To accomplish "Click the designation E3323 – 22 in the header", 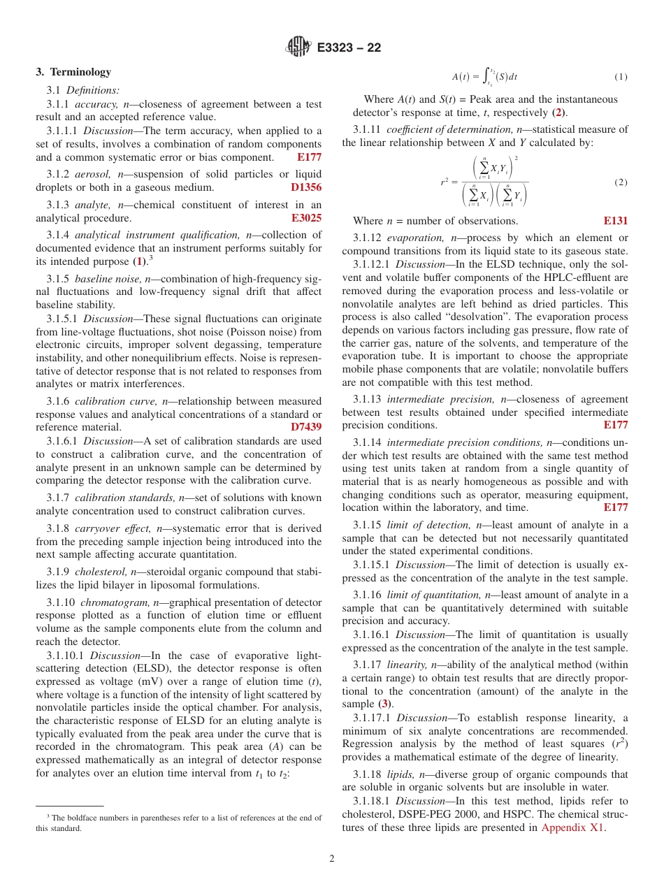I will [x=349, y=48].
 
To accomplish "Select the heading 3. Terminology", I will [x=73, y=72].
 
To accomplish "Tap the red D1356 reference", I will [x=305, y=187].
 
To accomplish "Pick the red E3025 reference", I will [x=306, y=217].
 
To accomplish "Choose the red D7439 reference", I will [x=305, y=427].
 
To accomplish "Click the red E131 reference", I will [x=615, y=221].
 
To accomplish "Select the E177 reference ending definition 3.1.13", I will [x=615, y=425].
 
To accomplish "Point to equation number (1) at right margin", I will [x=621, y=77].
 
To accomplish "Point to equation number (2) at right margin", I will [x=621, y=182].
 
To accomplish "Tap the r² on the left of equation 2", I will [x=445, y=182].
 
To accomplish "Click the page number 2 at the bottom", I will [x=332, y=859].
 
